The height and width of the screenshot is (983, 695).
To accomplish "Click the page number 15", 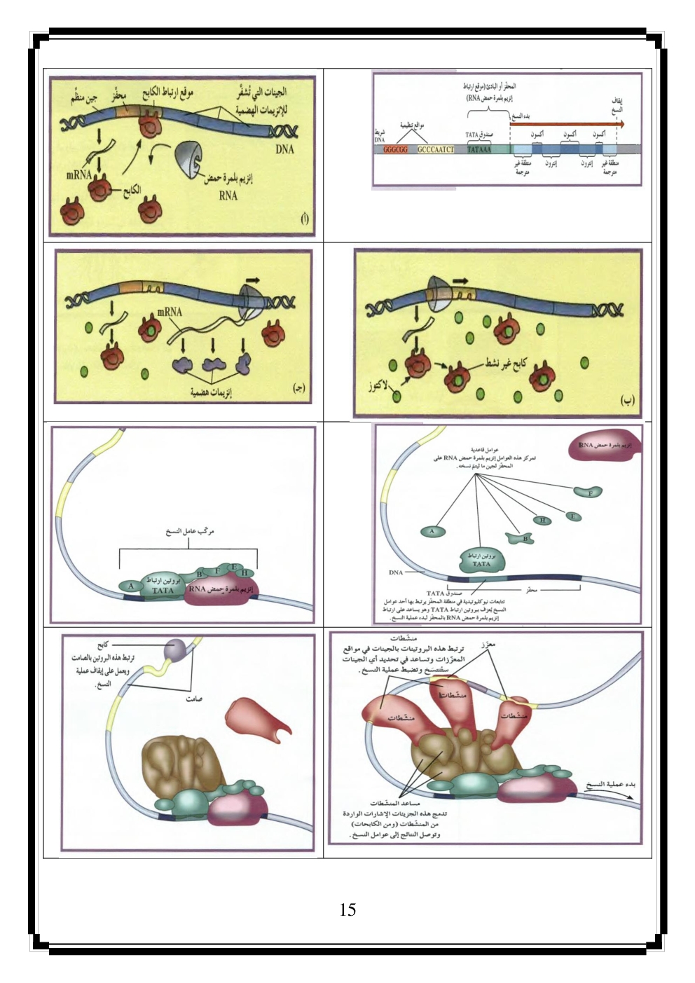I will click(347, 910).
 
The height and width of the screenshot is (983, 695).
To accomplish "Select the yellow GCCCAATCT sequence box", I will click(436, 149).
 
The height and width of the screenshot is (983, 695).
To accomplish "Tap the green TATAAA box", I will click(479, 149).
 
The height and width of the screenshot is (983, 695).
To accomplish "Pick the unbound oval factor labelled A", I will click(432, 531).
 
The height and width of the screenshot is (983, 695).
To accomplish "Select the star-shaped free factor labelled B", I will click(527, 539).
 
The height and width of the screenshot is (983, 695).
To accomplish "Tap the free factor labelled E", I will click(573, 517).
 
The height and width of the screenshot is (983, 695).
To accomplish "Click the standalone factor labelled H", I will click(542, 520).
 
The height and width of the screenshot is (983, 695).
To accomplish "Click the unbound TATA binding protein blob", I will click(482, 559).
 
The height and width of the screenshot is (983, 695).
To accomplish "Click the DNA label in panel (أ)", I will click(284, 149).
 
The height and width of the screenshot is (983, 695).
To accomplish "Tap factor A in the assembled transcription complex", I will click(131, 585).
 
